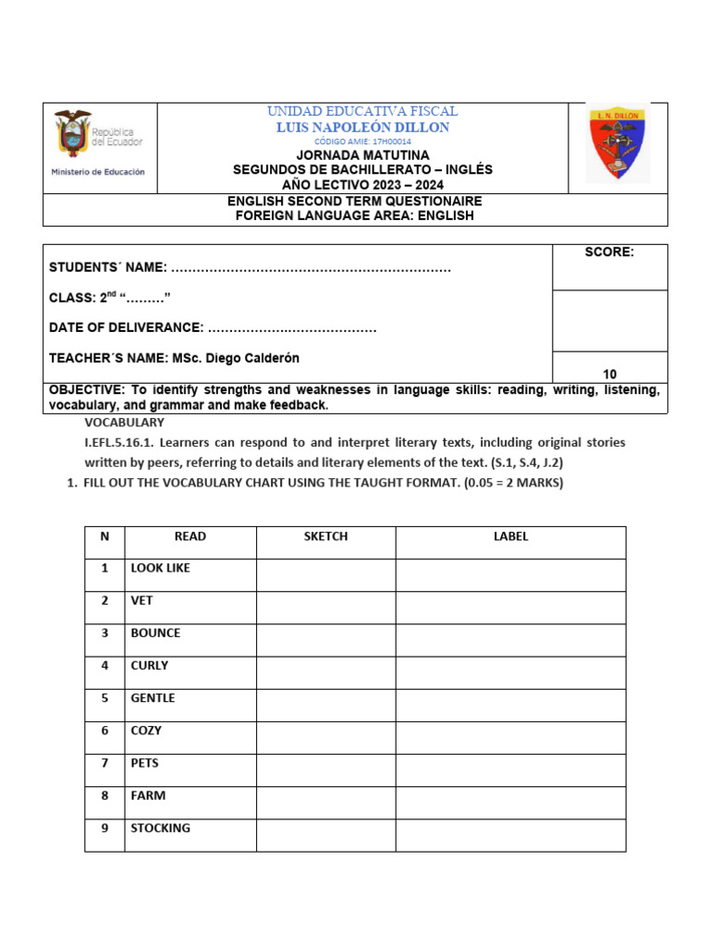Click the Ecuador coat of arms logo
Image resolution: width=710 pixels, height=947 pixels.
tap(74, 131)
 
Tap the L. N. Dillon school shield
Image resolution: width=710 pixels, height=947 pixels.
tap(618, 141)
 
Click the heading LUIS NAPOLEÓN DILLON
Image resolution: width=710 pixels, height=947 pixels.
tap(362, 128)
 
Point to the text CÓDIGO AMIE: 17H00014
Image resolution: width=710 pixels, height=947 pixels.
tap(362, 141)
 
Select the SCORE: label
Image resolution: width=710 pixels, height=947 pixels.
tap(609, 252)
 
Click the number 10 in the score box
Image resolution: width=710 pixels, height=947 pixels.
tap(609, 375)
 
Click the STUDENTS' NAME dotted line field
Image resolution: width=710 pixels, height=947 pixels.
tap(312, 268)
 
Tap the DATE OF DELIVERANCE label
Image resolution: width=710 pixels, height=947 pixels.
tap(126, 327)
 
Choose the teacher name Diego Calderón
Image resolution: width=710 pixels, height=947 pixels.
tap(250, 358)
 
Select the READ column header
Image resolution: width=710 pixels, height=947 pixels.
tap(190, 536)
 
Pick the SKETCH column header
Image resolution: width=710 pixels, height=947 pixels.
tap(325, 536)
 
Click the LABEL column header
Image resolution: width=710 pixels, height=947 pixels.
tap(510, 536)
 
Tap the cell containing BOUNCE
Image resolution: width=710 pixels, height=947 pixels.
tap(190, 634)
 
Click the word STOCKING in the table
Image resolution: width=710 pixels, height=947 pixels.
tap(161, 828)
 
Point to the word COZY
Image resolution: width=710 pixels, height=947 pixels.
tap(146, 731)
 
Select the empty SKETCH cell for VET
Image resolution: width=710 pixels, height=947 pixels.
tap(325, 608)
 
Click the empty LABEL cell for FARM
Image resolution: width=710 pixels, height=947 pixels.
tap(510, 802)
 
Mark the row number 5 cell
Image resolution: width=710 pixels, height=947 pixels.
tap(104, 698)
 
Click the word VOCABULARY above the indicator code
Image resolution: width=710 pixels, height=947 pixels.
tap(124, 423)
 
